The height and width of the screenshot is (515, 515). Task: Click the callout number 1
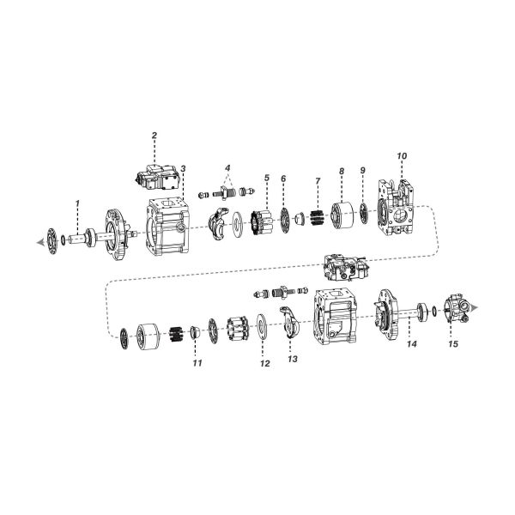77,203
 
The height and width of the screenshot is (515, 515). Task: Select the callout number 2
154,136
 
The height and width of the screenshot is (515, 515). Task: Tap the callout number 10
402,155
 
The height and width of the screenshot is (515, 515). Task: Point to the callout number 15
453,344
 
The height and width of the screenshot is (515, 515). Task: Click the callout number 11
197,363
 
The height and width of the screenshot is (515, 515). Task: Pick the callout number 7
318,181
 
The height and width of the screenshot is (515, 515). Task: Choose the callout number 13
293,359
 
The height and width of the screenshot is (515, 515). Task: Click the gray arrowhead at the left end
40,243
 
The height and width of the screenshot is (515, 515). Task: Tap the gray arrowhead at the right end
474,307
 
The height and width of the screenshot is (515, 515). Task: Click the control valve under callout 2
157,178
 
